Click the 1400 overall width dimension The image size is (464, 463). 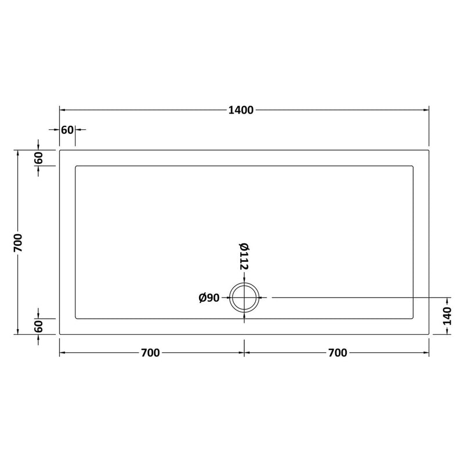(x=241, y=110)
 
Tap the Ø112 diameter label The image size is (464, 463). (x=244, y=257)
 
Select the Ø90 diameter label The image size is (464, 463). (x=209, y=298)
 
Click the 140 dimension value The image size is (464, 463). (x=447, y=316)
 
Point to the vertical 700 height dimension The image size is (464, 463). (x=18, y=243)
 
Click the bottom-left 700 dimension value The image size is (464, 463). (x=150, y=353)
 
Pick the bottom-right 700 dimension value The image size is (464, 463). (x=338, y=353)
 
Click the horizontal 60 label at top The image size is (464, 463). (x=67, y=130)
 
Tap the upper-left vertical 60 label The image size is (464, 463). (x=38, y=158)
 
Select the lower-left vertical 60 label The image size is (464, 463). (x=38, y=326)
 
